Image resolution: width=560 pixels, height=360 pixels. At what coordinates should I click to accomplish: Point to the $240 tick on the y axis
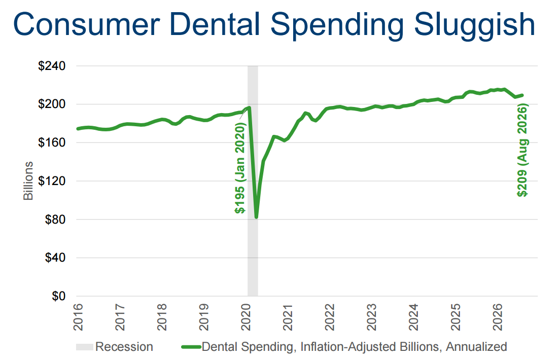(52, 66)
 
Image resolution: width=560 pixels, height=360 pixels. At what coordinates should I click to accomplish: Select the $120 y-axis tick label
(52, 181)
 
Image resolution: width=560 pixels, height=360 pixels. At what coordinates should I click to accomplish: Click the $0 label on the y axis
(58, 296)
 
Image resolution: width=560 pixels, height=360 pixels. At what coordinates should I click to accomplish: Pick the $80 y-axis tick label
(55, 219)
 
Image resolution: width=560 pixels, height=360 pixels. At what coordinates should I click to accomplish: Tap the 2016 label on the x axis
(78, 317)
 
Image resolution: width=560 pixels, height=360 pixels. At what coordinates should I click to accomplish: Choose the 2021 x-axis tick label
(288, 317)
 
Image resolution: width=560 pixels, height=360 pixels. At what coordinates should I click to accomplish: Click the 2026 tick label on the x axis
(497, 317)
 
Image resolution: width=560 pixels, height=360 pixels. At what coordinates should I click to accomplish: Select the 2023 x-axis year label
(371, 317)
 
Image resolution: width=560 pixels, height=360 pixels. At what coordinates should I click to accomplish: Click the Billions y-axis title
(28, 181)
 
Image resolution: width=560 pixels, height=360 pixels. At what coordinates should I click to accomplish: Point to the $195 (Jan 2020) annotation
(240, 168)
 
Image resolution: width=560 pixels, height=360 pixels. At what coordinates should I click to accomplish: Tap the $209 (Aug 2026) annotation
(522, 150)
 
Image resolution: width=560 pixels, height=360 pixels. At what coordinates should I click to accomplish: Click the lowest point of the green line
(257, 217)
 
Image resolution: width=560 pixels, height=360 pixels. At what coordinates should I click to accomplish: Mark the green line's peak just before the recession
(249, 107)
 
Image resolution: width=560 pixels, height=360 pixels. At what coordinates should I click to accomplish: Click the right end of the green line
(522, 95)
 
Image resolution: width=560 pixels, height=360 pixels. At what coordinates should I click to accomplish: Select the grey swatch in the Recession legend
(85, 347)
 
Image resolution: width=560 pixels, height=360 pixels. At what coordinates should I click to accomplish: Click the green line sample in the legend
(191, 347)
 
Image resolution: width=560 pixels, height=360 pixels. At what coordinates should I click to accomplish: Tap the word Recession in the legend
(124, 347)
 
